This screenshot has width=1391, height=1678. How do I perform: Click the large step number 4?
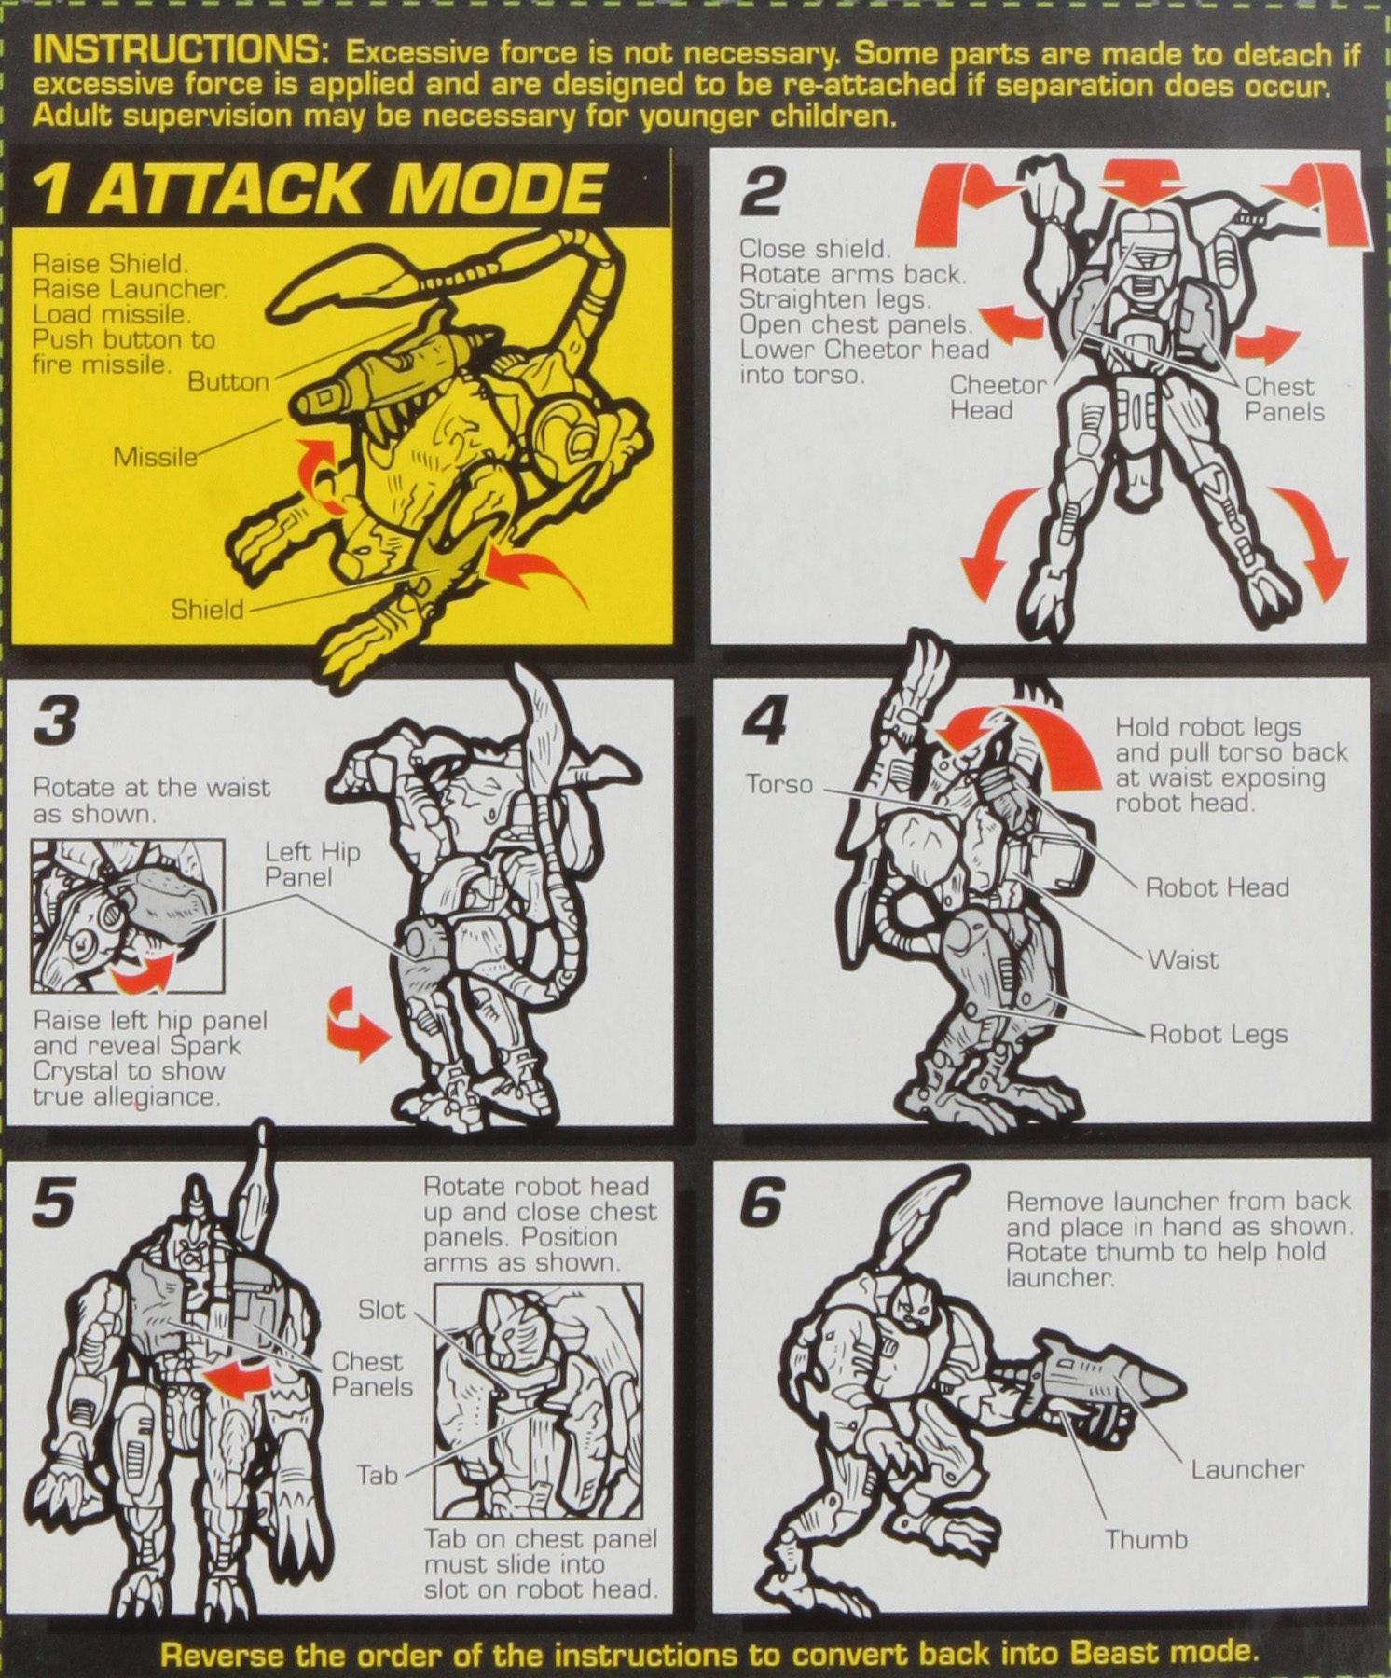(764, 721)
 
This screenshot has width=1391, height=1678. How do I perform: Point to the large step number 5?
(53, 1203)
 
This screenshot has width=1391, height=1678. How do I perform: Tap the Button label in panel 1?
(227, 382)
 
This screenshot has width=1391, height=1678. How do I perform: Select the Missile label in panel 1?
(155, 457)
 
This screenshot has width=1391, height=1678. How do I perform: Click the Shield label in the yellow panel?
(206, 610)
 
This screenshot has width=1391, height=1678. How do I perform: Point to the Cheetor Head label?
(997, 398)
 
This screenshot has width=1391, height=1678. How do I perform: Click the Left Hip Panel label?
(311, 864)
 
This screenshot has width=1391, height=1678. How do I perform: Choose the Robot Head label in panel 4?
(1217, 887)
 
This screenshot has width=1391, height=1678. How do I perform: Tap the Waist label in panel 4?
(1182, 959)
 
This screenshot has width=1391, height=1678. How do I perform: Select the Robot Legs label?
(1218, 1034)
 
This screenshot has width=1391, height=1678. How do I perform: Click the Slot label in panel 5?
(381, 1310)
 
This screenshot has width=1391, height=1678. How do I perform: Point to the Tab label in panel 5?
(377, 1476)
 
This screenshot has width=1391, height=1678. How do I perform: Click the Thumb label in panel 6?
(1146, 1539)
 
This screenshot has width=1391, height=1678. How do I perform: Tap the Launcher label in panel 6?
(1246, 1469)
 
